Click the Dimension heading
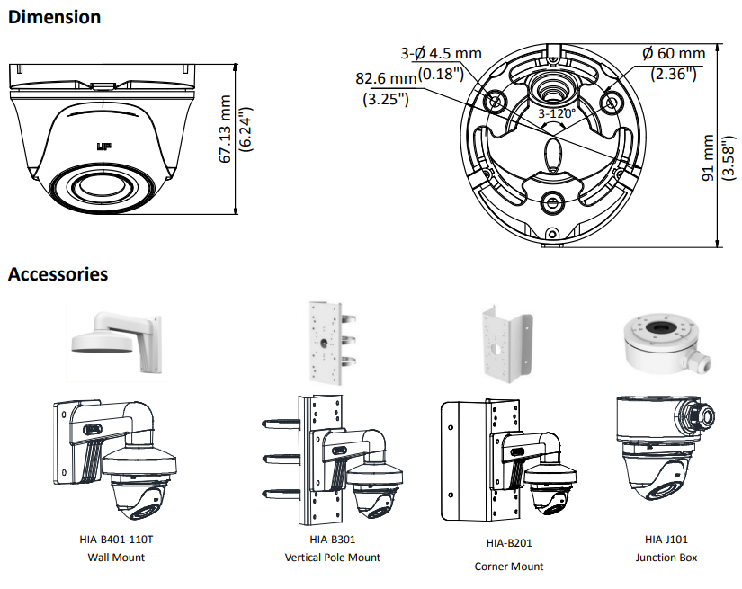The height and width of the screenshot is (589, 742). [x=54, y=16]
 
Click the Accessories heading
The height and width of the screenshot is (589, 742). [x=58, y=274]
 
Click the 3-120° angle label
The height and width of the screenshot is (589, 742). [x=557, y=114]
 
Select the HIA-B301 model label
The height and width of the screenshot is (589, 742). [x=332, y=540]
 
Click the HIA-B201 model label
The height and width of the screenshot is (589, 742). [x=508, y=543]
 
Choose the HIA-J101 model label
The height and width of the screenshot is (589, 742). [x=666, y=540]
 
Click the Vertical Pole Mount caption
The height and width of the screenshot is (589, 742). [x=332, y=558]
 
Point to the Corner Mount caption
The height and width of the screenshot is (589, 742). [x=508, y=567]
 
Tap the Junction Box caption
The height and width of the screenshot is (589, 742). [x=666, y=558]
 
